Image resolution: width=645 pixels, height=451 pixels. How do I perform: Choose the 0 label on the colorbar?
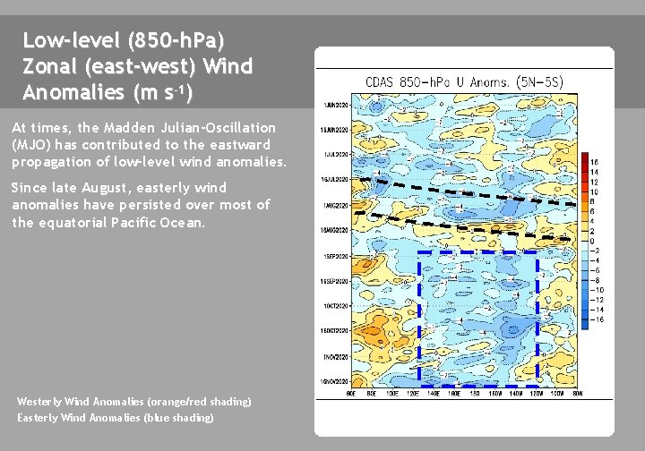pyautogui.click(x=592, y=241)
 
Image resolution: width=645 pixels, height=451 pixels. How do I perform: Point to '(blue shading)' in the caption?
pyautogui.click(x=183, y=417)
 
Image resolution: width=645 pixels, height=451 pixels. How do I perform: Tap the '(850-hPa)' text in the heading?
pyautogui.click(x=176, y=40)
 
